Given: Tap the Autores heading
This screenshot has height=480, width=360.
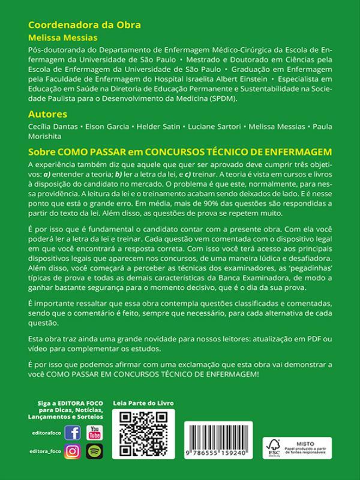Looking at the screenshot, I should tap(47, 114).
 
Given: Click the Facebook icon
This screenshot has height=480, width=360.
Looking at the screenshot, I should tap(73, 433).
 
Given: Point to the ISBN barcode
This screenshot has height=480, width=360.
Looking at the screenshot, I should tap(220, 441).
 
